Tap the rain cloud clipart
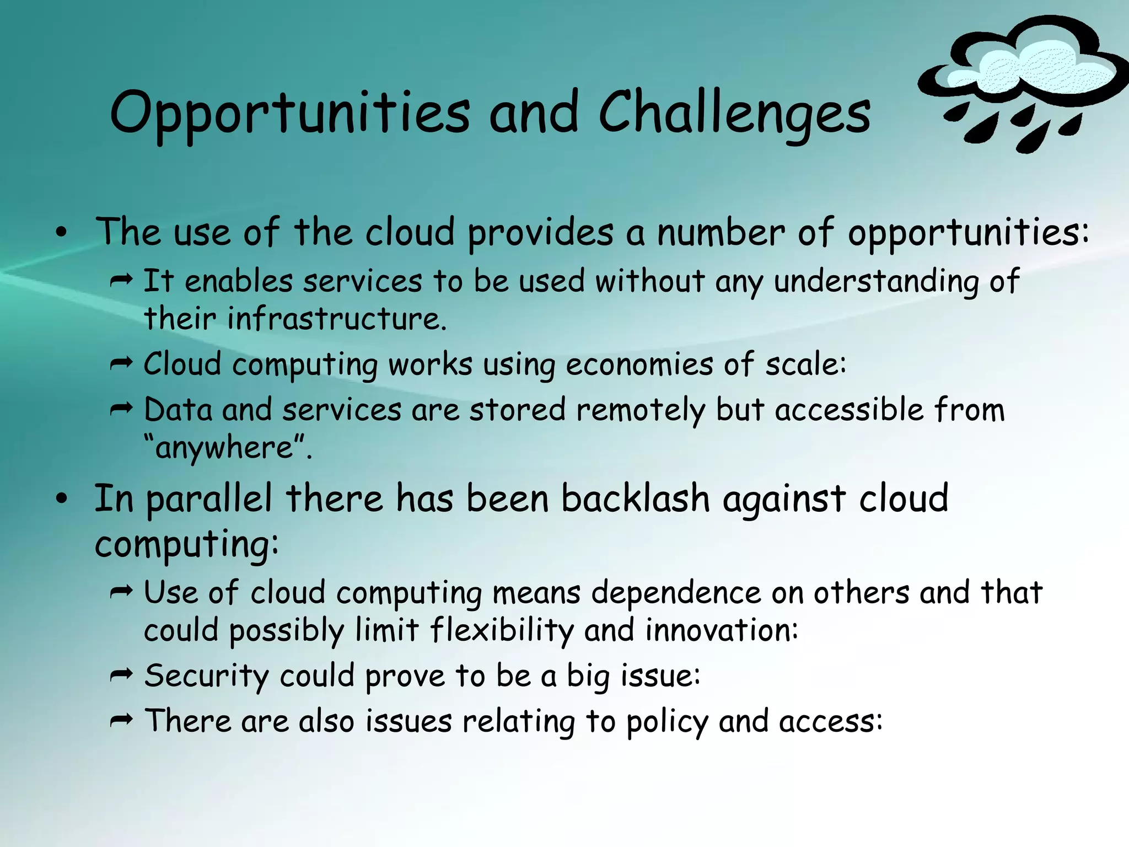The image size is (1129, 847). tap(1020, 83)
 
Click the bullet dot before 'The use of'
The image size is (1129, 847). tap(61, 233)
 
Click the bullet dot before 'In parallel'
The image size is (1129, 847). tap(61, 499)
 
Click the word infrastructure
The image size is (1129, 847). tap(336, 319)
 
